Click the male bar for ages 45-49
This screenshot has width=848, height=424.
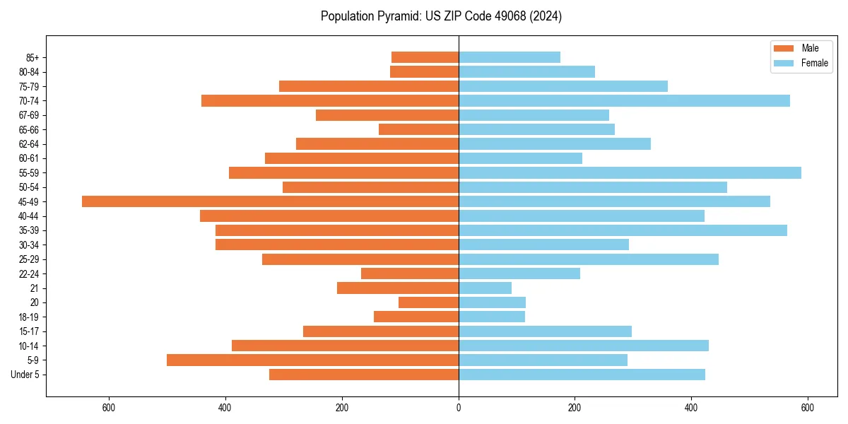click(270, 201)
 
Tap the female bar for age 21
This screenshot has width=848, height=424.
click(485, 288)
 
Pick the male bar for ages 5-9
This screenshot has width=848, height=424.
click(312, 360)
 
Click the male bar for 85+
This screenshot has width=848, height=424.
click(425, 57)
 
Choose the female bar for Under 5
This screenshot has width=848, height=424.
click(582, 375)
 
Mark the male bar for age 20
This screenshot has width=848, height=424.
click(428, 302)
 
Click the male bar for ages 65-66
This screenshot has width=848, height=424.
click(418, 129)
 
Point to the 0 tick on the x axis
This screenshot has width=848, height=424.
click(459, 408)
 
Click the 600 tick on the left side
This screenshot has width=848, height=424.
click(109, 408)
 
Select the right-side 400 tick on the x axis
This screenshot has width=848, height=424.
click(691, 408)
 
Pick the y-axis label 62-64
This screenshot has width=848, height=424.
click(29, 144)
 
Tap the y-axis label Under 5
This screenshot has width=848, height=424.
click(25, 375)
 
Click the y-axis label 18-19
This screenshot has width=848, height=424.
click(29, 317)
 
